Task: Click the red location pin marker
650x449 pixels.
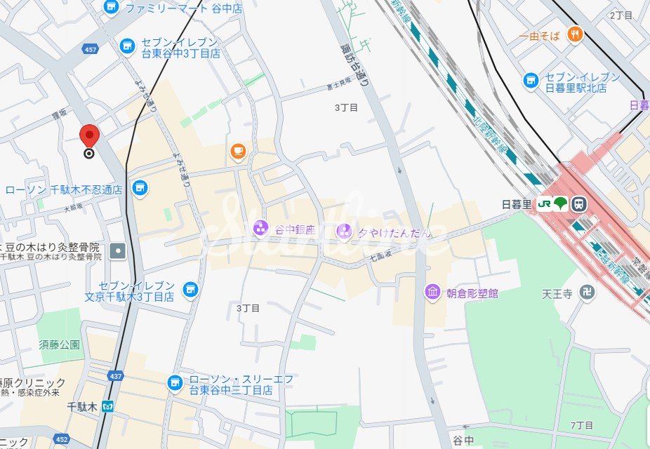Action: click(90, 135)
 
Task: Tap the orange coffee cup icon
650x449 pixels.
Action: click(238, 151)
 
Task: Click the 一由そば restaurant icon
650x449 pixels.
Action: click(575, 34)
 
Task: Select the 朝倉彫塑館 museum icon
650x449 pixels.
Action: click(432, 292)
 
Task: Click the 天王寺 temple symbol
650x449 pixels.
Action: click(588, 293)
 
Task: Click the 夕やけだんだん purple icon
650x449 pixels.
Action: click(343, 229)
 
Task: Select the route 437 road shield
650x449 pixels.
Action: click(116, 377)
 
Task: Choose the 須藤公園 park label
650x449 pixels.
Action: click(60, 344)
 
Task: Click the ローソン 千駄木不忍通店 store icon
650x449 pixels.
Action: click(140, 187)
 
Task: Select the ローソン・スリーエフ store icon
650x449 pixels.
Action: click(174, 383)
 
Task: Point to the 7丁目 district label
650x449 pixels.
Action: click(582, 425)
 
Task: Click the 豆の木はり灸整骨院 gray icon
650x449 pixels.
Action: click(118, 250)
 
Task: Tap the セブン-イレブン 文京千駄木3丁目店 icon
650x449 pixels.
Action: click(189, 288)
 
